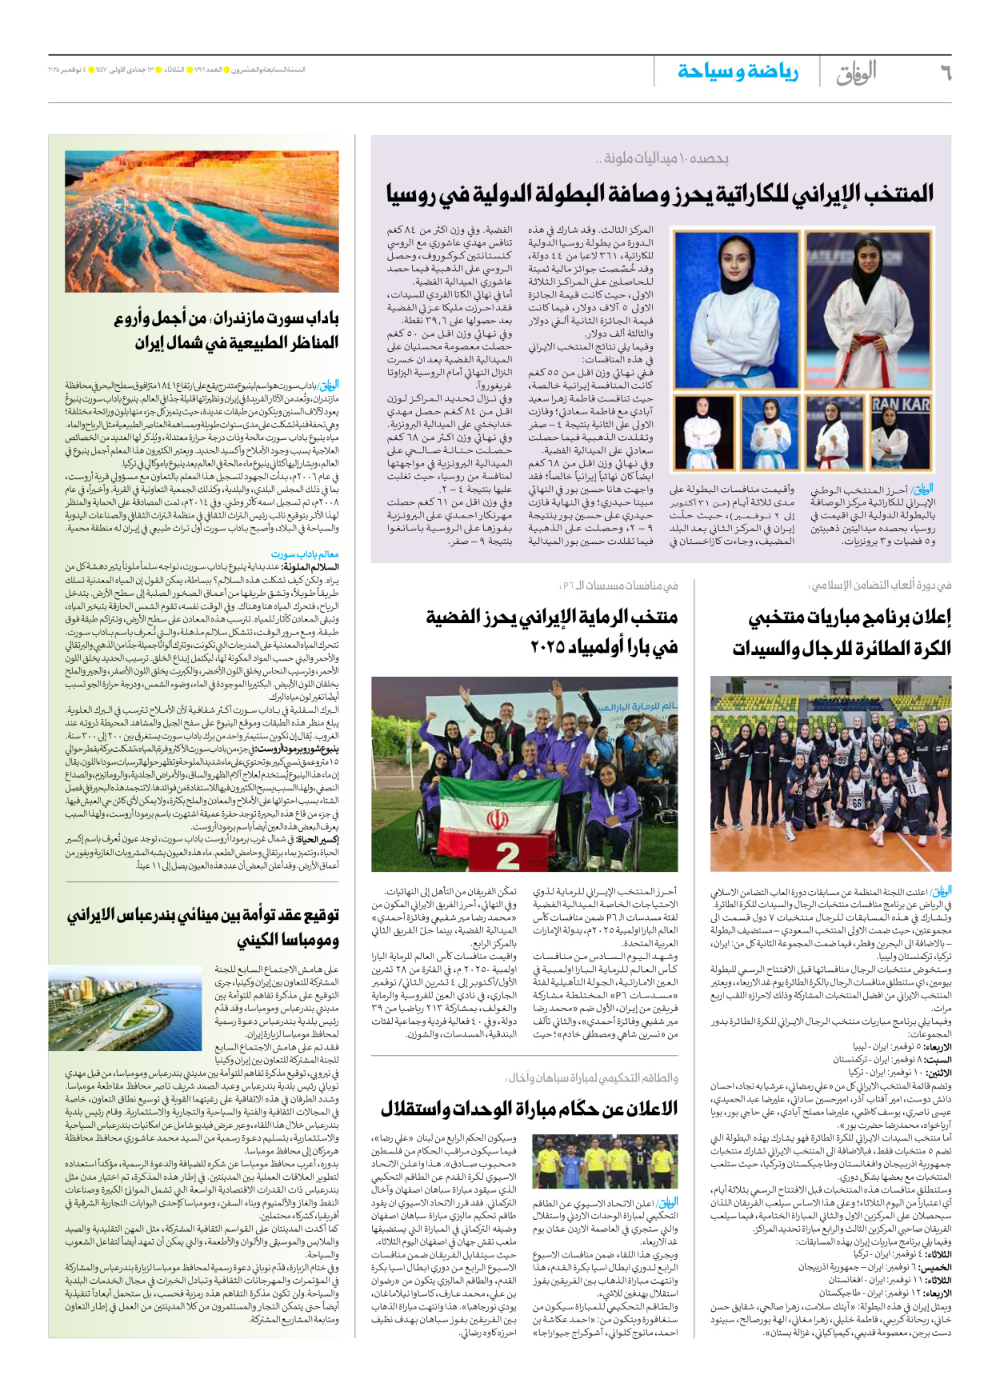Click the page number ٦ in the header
tap(945, 73)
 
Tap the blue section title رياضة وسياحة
tap(737, 72)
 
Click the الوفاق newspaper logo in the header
tap(856, 74)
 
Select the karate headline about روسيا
tap(660, 194)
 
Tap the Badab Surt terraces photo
tap(202, 222)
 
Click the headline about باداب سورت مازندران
tap(237, 330)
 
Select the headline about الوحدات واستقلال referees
tap(529, 1108)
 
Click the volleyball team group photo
tap(830, 773)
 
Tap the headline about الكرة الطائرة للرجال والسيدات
tap(842, 632)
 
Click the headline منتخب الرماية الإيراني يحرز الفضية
tap(551, 631)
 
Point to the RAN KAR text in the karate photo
tap(901, 406)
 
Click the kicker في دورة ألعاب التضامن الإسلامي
tap(881, 586)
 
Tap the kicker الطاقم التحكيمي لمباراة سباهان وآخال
tap(593, 1077)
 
